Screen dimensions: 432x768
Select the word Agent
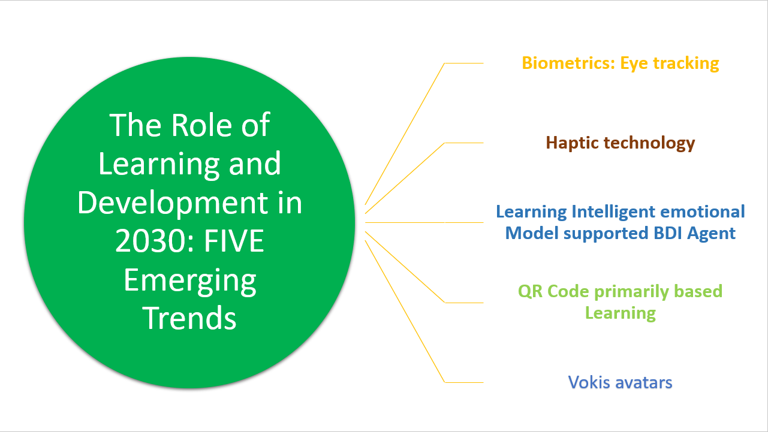tap(713, 233)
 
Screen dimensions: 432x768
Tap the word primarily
tap(631, 292)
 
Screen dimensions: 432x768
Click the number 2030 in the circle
tap(143, 241)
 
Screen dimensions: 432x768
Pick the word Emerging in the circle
tap(190, 280)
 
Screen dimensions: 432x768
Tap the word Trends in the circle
tap(190, 318)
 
